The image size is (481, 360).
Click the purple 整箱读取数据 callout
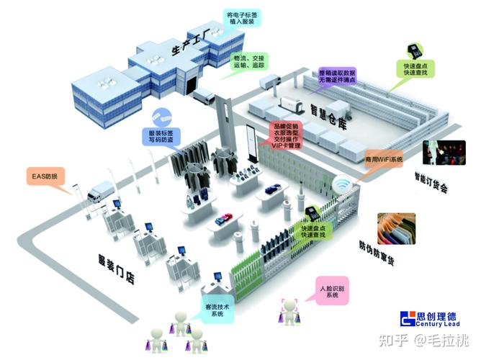[x=338, y=76]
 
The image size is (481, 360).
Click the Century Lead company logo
[x=433, y=319]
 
